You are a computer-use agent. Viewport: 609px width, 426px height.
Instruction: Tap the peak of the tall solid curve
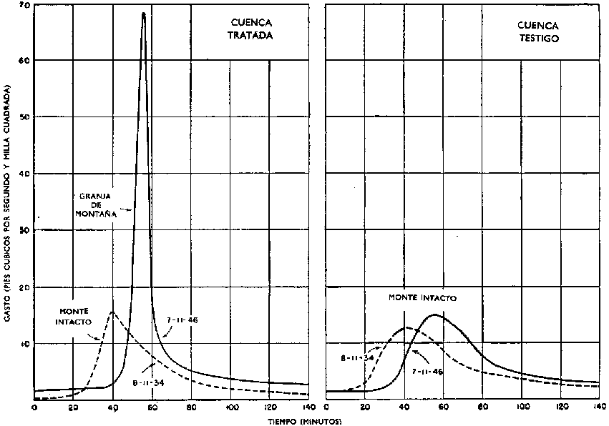pyautogui.click(x=144, y=13)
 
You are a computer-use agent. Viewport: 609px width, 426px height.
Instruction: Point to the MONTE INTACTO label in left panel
pyautogui.click(x=73, y=317)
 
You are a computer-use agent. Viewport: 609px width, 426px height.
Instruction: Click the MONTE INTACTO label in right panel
pyautogui.click(x=422, y=297)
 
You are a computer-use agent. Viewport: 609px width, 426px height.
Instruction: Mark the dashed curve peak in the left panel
pyautogui.click(x=112, y=312)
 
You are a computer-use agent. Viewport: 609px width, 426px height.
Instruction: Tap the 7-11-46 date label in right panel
pyautogui.click(x=427, y=372)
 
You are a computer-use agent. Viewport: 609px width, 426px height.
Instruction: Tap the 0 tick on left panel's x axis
pyautogui.click(x=34, y=407)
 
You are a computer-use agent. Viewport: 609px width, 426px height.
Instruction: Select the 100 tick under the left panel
pyautogui.click(x=230, y=407)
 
